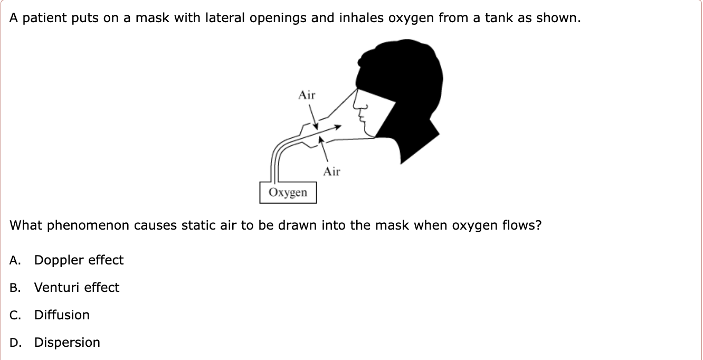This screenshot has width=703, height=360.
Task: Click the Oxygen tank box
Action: coord(288,193)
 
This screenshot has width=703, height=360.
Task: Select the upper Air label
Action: coord(307,96)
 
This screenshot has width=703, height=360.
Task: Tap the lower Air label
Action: coord(332,172)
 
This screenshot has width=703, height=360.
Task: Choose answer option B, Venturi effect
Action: coord(77,288)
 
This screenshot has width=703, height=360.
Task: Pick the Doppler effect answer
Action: coord(79,260)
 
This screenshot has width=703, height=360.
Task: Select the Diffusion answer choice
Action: coord(62,315)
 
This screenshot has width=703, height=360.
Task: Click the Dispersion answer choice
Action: coord(67,343)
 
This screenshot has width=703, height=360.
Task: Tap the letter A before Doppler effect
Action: coord(14,260)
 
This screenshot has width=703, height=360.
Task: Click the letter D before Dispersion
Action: coord(14,343)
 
